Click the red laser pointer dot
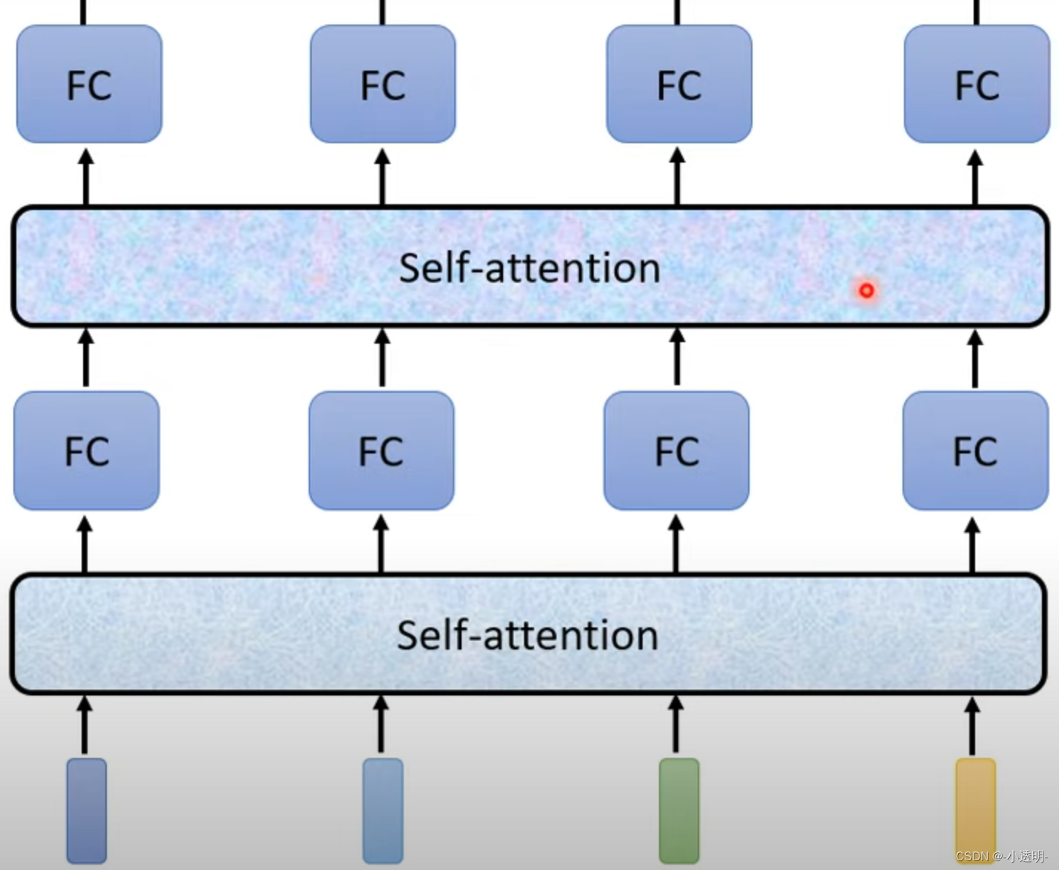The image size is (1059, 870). point(866,290)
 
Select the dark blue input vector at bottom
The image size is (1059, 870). point(87,810)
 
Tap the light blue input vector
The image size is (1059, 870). point(383,810)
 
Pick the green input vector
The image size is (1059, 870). point(679,810)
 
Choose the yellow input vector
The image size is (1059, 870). point(975,810)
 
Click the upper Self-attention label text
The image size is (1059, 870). point(529,268)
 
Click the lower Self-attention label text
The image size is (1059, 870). point(528,635)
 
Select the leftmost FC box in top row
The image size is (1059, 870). point(89,84)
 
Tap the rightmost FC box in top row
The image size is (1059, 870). point(977,84)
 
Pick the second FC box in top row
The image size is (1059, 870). point(383,84)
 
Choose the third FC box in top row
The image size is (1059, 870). point(679,84)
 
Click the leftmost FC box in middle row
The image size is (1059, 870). point(87,451)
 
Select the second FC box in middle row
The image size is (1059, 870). point(381,451)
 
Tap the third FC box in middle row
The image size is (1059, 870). point(676,451)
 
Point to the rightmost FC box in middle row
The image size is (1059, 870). point(975,451)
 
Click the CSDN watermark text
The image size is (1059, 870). point(1001,856)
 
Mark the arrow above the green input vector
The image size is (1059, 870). point(676,725)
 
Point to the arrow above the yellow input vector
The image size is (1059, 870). point(973,725)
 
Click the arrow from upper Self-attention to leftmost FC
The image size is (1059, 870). point(86,177)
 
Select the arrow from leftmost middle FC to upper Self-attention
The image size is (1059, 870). point(86,358)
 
